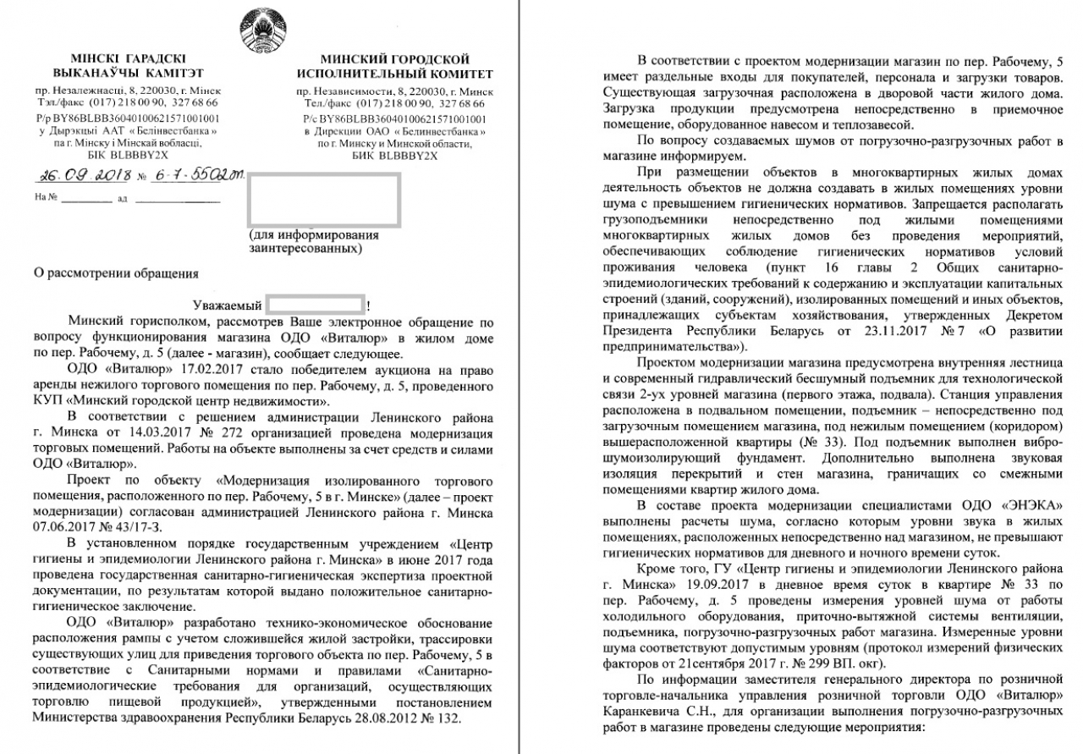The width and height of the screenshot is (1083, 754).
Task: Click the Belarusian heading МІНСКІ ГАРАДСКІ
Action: pos(128,58)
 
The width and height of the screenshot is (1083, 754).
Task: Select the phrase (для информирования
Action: pos(314,234)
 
